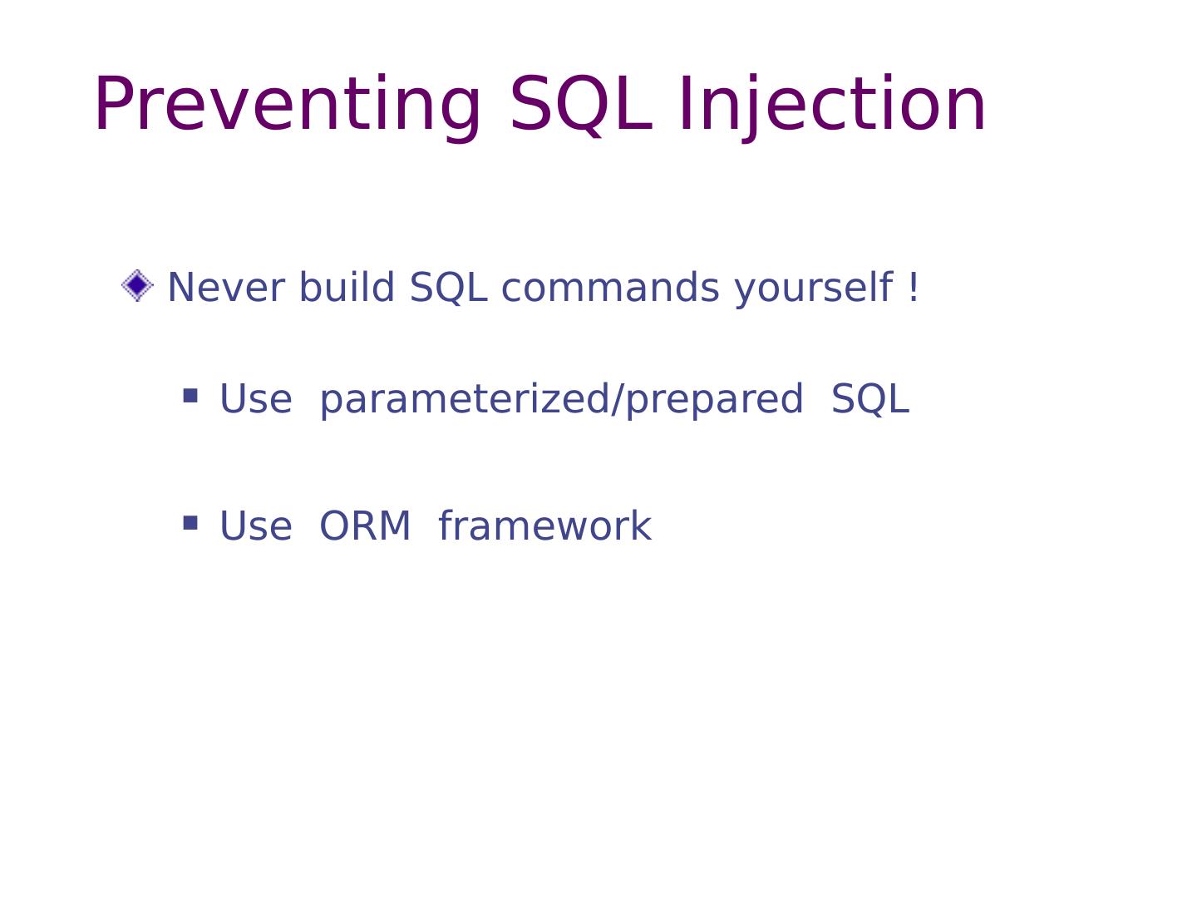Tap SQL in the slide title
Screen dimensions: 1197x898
pyautogui.click(x=581, y=105)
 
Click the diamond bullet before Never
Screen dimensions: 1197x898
pyautogui.click(x=137, y=285)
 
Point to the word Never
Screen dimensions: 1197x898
pyautogui.click(x=226, y=288)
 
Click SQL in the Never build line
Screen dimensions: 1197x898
pyautogui.click(x=448, y=288)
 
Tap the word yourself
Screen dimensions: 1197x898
pyautogui.click(x=814, y=289)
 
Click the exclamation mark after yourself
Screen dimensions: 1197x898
pyautogui.click(x=914, y=287)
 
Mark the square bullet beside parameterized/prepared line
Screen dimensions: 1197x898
pyautogui.click(x=190, y=396)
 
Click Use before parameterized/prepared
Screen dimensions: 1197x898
pyautogui.click(x=256, y=398)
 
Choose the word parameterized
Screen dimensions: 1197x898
pyautogui.click(x=465, y=400)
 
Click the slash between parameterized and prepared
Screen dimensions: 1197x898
pyautogui.click(x=618, y=400)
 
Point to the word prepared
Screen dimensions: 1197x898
pyautogui.click(x=714, y=400)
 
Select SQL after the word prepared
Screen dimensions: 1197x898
pyautogui.click(x=870, y=399)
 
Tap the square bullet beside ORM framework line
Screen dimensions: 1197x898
pyautogui.click(x=190, y=523)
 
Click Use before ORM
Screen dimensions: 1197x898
pyautogui.click(x=256, y=525)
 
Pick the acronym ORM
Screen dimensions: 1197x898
pyautogui.click(x=365, y=525)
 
